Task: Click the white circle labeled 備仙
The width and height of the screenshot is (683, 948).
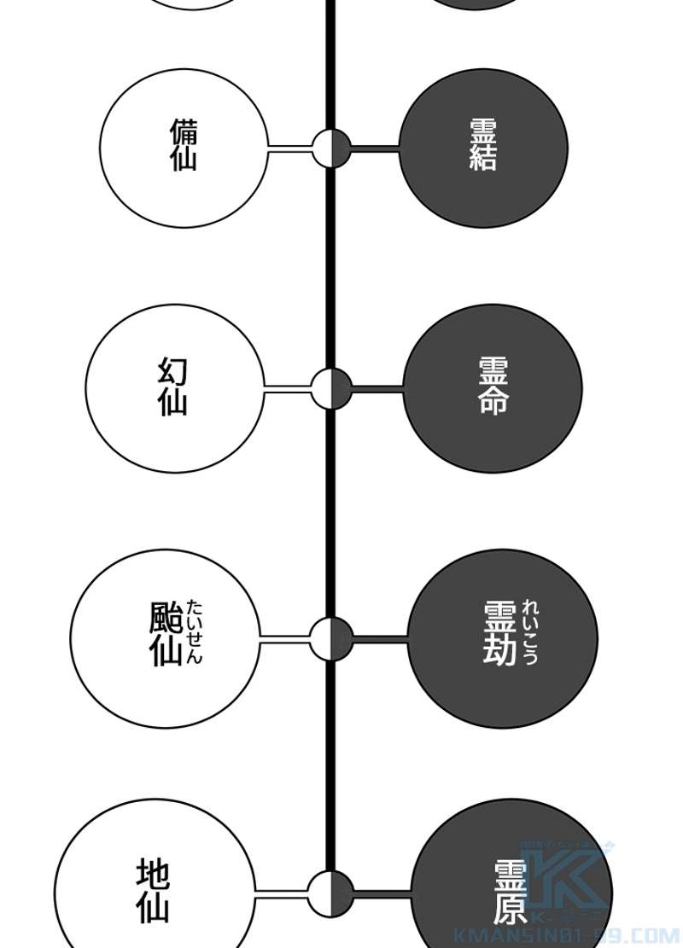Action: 184,148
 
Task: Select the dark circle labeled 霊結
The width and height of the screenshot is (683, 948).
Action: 483,148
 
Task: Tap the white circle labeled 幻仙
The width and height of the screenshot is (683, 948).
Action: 174,388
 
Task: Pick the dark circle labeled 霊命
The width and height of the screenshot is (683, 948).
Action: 493,388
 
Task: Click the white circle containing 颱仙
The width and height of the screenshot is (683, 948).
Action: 164,638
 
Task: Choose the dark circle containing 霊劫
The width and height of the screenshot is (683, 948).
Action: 502,638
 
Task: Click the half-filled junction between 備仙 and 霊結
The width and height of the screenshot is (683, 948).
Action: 331,148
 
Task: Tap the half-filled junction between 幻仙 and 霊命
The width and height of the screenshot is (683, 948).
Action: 331,389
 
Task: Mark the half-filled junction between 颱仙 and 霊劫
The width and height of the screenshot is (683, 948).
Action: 331,638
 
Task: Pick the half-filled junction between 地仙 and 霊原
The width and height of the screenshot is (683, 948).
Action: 331,893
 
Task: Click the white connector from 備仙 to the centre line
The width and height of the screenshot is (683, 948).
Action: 290,149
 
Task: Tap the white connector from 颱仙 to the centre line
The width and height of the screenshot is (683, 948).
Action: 283,638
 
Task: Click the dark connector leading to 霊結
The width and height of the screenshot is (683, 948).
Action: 375,149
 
